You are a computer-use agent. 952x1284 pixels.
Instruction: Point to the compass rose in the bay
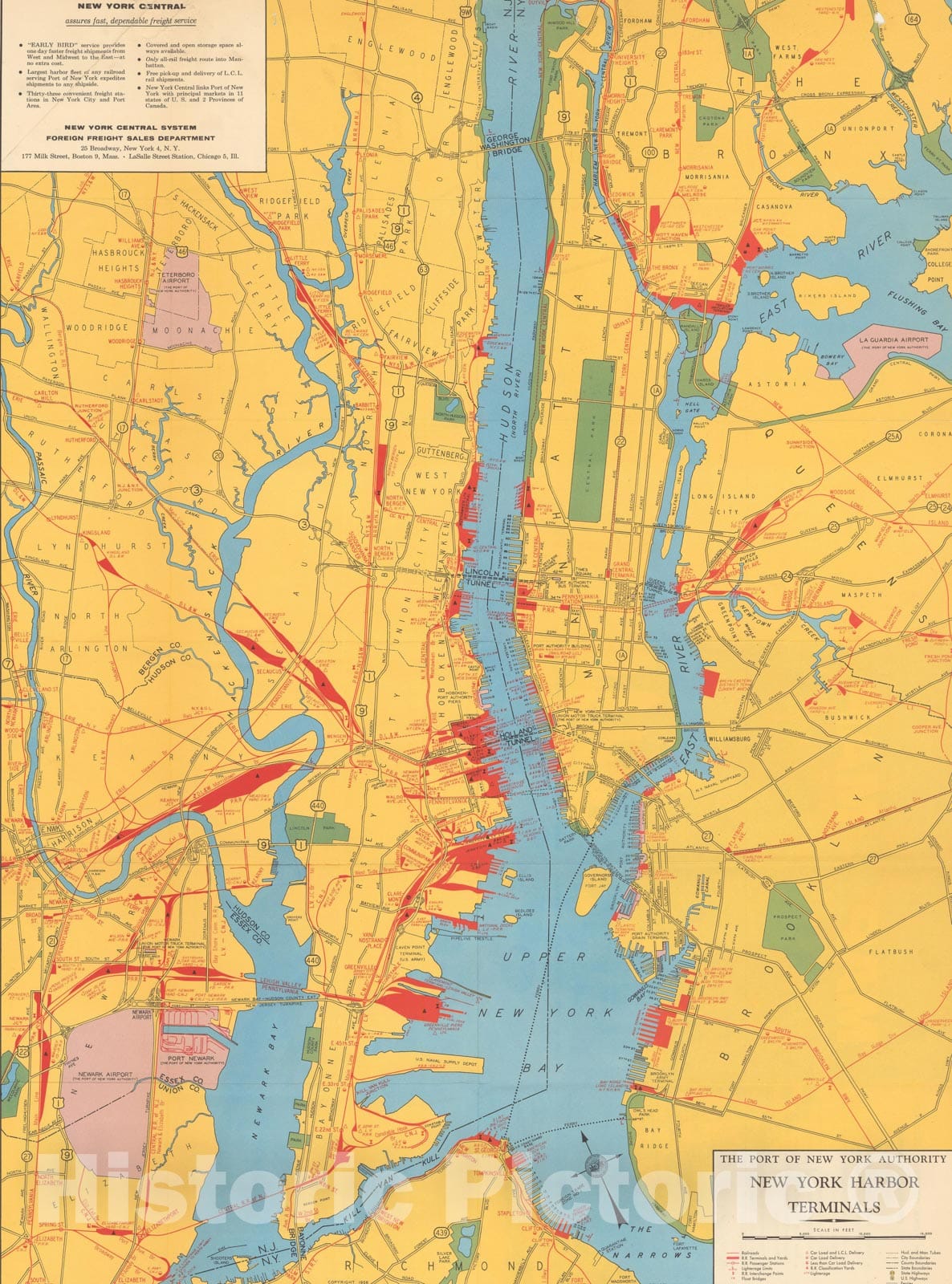[592, 1163]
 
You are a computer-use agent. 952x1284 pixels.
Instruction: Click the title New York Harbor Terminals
[831, 1194]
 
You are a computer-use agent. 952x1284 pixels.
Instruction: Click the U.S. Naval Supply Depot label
[447, 1064]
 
